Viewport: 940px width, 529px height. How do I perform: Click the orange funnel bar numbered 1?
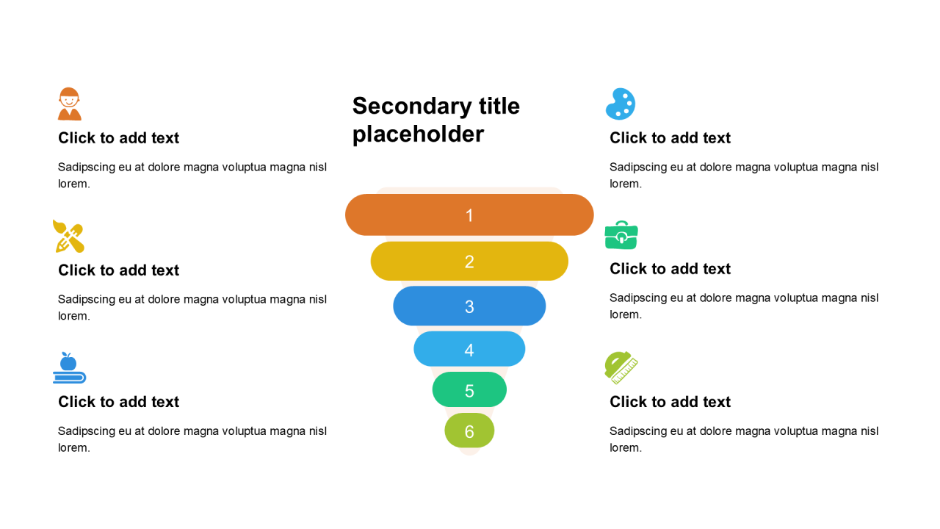click(x=469, y=215)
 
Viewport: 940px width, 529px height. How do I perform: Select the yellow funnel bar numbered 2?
click(x=469, y=261)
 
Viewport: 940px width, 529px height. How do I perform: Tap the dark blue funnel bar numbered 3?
click(x=469, y=306)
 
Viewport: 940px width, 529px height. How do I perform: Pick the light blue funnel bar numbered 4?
click(x=469, y=349)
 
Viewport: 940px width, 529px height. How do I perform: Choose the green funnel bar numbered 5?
click(x=469, y=389)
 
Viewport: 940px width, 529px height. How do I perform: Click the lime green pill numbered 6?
click(x=469, y=431)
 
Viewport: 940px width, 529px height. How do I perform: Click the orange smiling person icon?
click(x=69, y=104)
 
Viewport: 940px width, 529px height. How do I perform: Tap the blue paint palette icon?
click(x=621, y=104)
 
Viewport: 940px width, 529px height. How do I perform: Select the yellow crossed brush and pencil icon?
click(x=68, y=237)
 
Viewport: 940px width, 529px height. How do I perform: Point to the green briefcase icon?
click(x=621, y=235)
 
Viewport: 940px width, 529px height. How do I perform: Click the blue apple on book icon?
click(x=69, y=368)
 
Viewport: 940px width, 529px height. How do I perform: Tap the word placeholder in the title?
click(x=418, y=134)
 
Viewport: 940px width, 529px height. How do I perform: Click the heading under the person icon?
click(x=118, y=137)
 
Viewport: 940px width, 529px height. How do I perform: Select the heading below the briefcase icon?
click(x=670, y=269)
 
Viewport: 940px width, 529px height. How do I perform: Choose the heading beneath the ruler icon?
click(x=670, y=402)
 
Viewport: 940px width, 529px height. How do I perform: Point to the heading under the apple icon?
click(x=118, y=402)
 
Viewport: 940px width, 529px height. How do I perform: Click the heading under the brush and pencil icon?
click(x=118, y=270)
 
